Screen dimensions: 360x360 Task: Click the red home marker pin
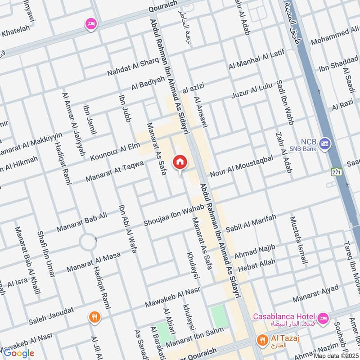click(180, 162)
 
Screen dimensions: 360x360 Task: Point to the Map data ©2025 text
click(337, 356)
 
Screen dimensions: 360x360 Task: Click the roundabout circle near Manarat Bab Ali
click(88, 243)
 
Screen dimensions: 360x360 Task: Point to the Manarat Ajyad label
click(315, 294)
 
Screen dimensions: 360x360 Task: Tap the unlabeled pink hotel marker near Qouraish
click(91, 25)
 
